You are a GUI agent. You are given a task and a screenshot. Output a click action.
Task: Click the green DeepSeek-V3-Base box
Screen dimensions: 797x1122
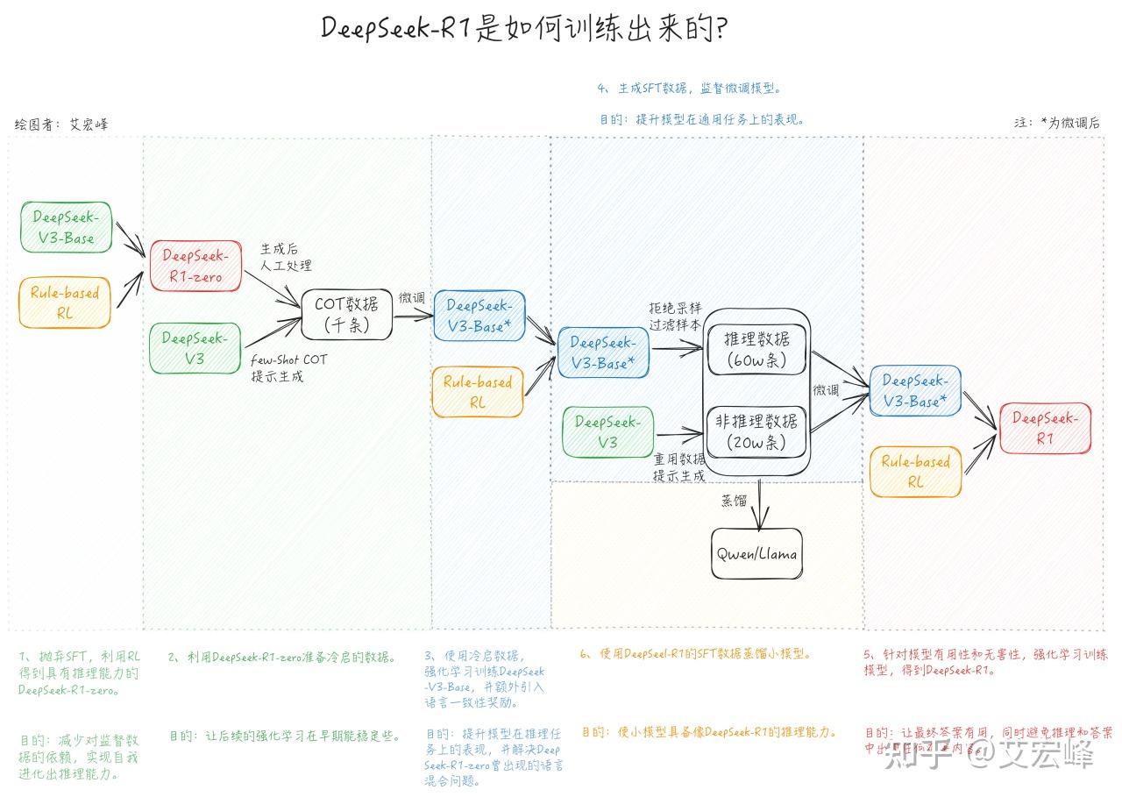(65, 227)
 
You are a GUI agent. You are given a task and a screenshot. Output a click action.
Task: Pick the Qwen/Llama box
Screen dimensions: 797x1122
(756, 554)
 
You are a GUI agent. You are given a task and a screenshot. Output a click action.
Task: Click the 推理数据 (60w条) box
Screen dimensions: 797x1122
(756, 349)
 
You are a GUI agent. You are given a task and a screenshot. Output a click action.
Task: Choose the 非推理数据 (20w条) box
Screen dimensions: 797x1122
(756, 431)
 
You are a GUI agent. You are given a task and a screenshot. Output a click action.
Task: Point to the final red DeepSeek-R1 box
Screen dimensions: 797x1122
(1045, 428)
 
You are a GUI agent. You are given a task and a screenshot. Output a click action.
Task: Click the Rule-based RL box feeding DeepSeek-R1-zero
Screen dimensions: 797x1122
(65, 302)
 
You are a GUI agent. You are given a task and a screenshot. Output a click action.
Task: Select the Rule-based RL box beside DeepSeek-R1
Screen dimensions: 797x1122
(915, 472)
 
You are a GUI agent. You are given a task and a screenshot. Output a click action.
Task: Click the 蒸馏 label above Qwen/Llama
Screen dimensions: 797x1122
(734, 501)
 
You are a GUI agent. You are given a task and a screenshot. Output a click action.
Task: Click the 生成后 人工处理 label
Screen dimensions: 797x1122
(286, 258)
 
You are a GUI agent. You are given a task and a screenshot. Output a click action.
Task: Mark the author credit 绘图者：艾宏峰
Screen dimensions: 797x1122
(61, 125)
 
